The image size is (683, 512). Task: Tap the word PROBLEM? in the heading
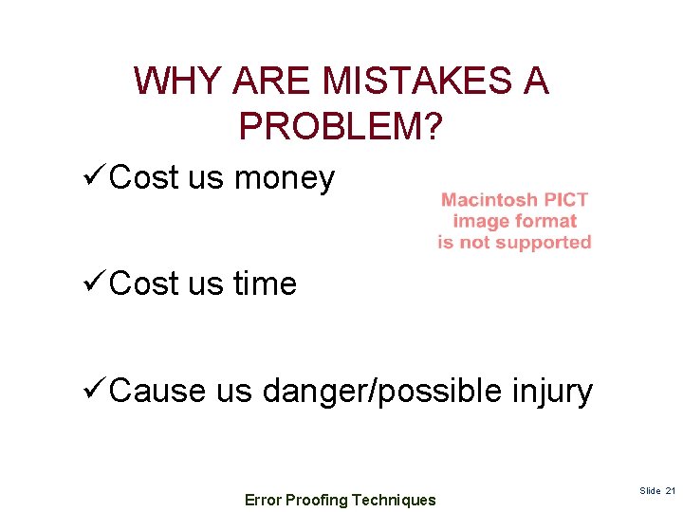(341, 126)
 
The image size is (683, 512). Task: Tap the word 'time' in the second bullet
(265, 283)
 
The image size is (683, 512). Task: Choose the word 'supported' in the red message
(545, 243)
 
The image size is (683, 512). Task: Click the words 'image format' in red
(514, 221)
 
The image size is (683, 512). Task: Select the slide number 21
(671, 491)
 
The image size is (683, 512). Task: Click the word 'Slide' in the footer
(651, 491)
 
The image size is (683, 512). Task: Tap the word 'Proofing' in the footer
(316, 500)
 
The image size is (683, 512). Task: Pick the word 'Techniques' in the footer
(394, 500)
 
